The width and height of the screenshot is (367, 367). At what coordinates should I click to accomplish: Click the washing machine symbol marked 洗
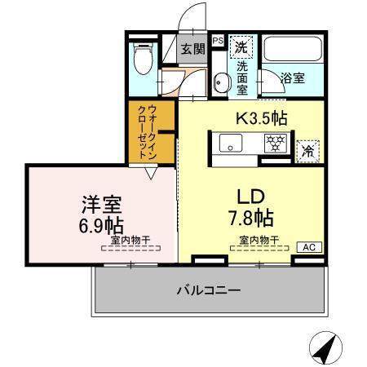[x=242, y=46]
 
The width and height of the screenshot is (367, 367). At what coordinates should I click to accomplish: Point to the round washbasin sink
[x=221, y=84]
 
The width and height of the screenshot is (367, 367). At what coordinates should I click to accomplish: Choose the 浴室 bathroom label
[x=293, y=78]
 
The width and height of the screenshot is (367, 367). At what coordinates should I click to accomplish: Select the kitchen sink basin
[x=230, y=146]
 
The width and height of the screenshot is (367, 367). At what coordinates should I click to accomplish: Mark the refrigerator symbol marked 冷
[x=307, y=149]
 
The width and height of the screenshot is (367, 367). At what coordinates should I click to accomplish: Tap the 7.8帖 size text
[x=250, y=218]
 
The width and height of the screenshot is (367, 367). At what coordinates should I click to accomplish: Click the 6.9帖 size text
[x=102, y=223]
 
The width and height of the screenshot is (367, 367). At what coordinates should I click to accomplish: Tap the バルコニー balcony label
[x=209, y=290]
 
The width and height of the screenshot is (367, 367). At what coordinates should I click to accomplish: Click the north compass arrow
[x=325, y=350]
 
